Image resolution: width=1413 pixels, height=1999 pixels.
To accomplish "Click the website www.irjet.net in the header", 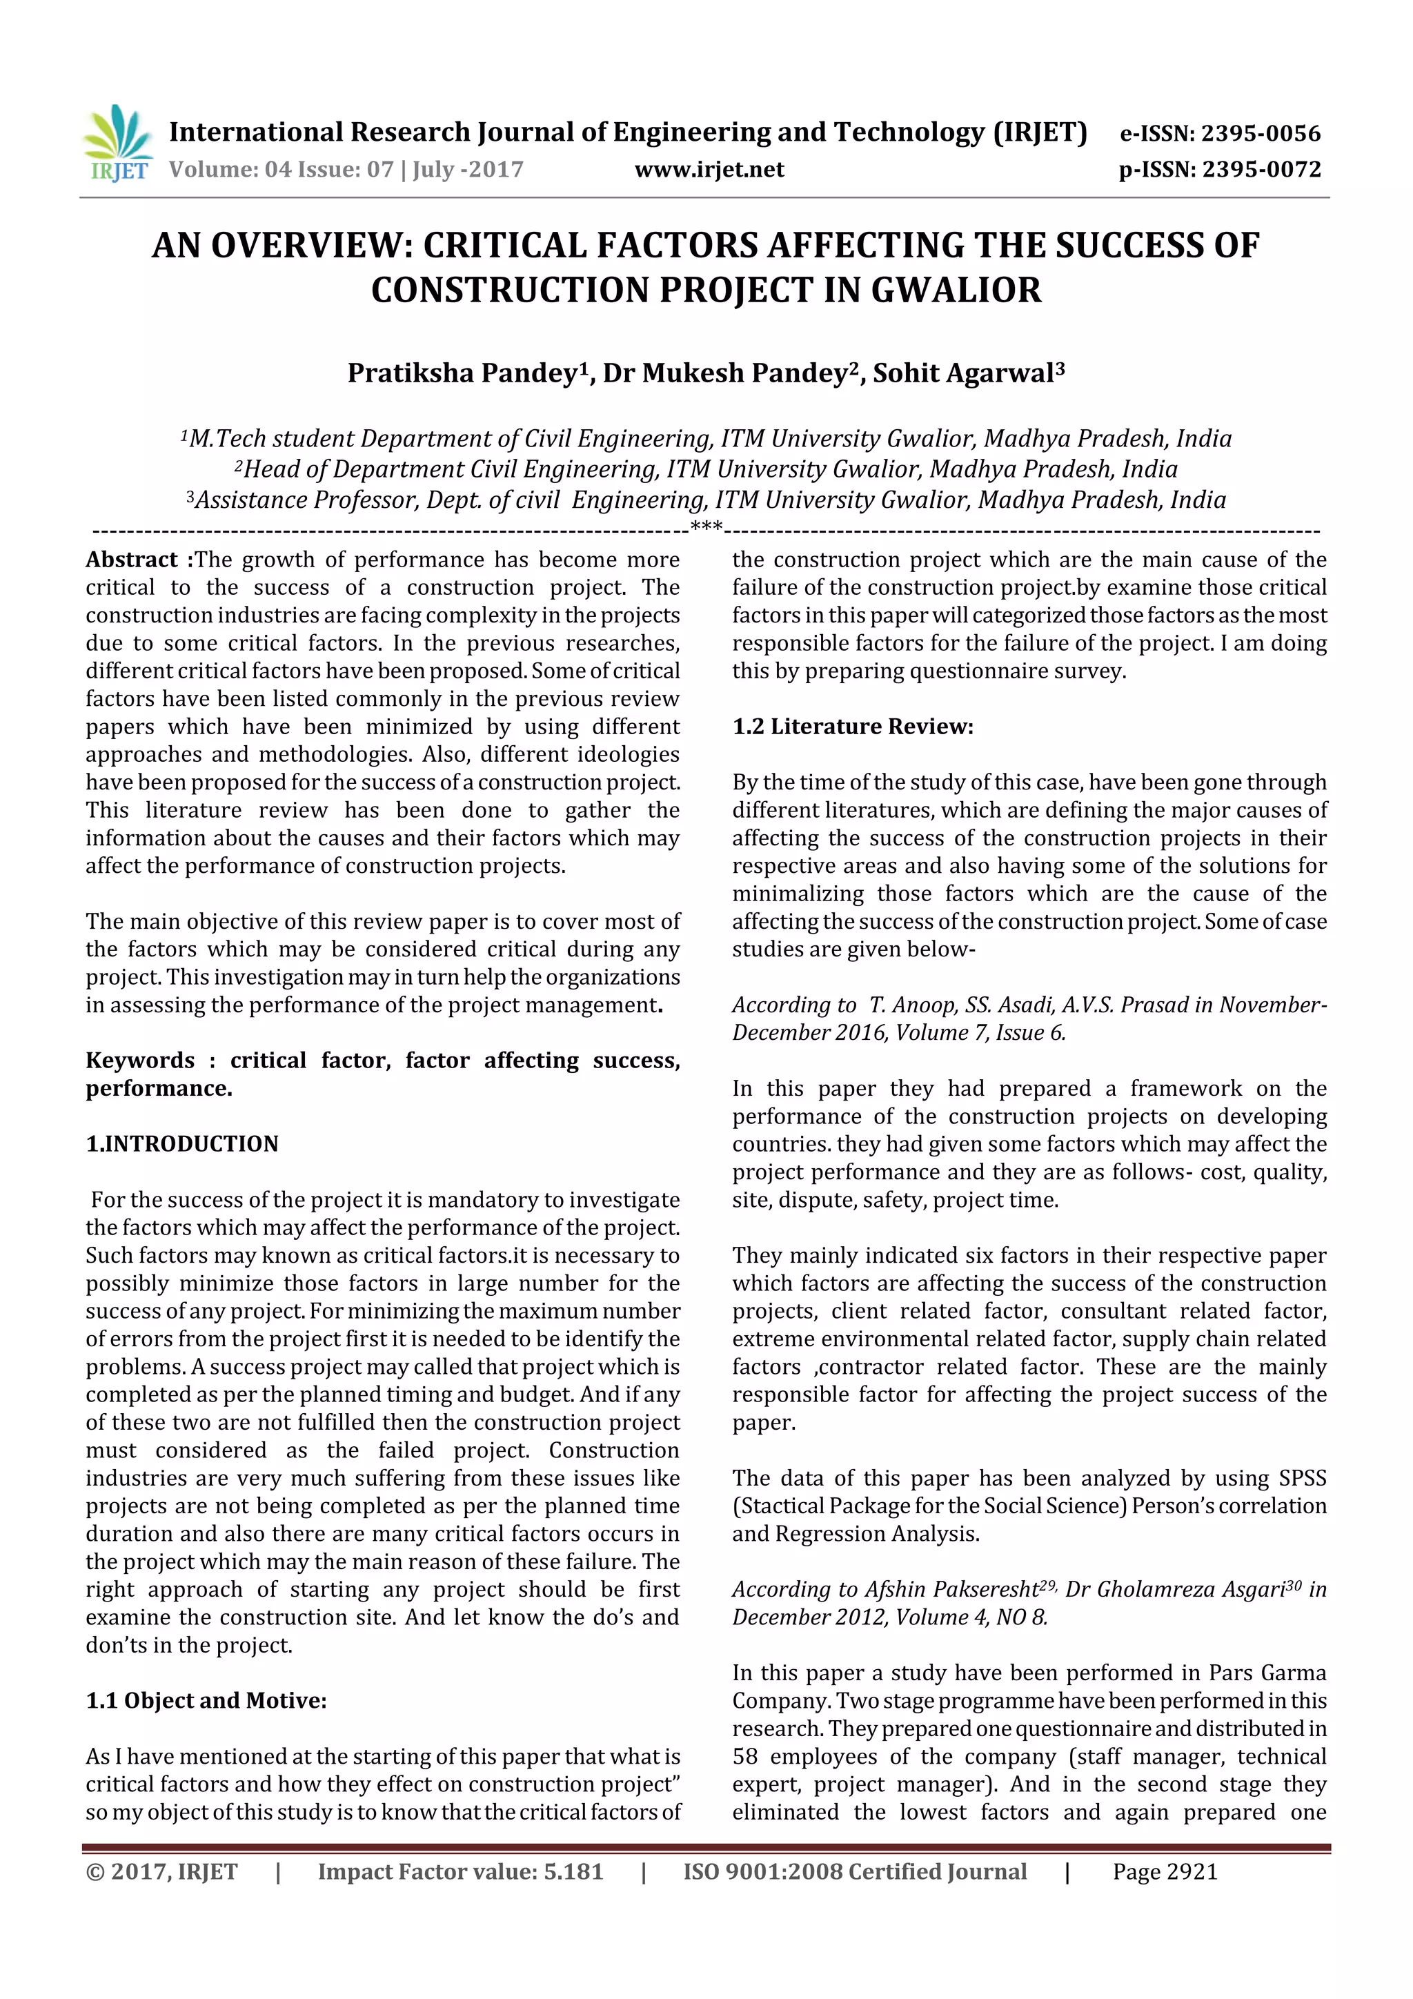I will pyautogui.click(x=709, y=170).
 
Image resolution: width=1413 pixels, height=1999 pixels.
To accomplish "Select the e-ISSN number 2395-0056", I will pyautogui.click(x=1260, y=133).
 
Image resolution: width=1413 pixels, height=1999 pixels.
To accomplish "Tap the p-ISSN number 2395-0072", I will pyautogui.click(x=1261, y=170).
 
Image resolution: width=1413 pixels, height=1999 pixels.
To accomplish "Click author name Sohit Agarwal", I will pyautogui.click(x=963, y=373).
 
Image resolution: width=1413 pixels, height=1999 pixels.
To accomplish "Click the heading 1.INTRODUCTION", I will pyautogui.click(x=182, y=1144).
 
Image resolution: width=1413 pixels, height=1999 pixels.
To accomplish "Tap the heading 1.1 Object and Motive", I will pyautogui.click(x=206, y=1700).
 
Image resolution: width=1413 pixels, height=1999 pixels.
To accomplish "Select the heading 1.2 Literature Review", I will pyautogui.click(x=852, y=727).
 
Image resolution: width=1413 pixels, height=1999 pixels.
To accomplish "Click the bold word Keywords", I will pyautogui.click(x=139, y=1061).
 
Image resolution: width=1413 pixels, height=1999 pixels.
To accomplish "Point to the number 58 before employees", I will pyautogui.click(x=745, y=1756).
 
